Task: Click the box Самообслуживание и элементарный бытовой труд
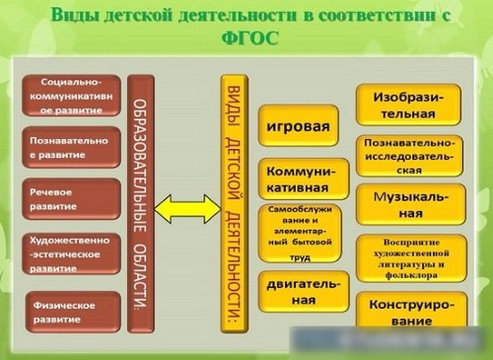[x=304, y=235]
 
